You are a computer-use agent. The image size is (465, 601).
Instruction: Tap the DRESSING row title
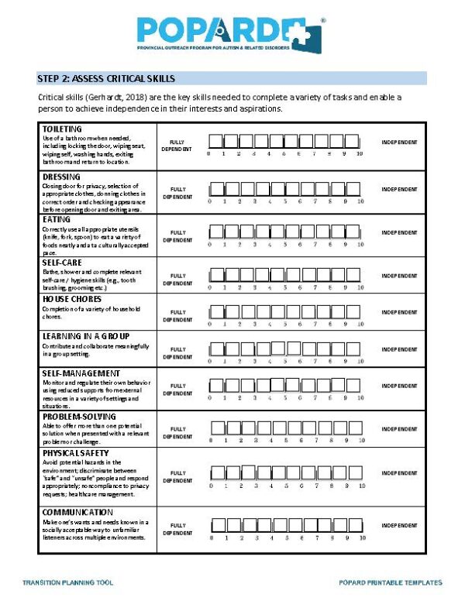pyautogui.click(x=62, y=177)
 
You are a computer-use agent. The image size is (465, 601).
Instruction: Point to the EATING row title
pyautogui.click(x=57, y=220)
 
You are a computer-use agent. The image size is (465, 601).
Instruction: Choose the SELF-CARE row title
pyautogui.click(x=61, y=263)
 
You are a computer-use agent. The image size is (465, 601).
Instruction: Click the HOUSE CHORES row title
pyautogui.click(x=72, y=298)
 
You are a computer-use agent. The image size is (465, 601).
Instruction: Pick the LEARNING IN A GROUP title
pyautogui.click(x=85, y=336)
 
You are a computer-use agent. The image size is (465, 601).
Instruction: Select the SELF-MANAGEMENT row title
pyautogui.click(x=80, y=373)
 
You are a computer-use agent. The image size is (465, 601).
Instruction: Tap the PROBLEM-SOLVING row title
pyautogui.click(x=79, y=416)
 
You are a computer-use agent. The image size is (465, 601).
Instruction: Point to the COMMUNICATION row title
pyautogui.click(x=77, y=512)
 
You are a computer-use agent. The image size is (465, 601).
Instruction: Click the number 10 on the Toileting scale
pyautogui.click(x=360, y=154)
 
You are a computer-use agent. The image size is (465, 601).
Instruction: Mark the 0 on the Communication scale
pyautogui.click(x=210, y=537)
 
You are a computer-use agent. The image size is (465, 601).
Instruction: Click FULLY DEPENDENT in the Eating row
pyautogui.click(x=177, y=236)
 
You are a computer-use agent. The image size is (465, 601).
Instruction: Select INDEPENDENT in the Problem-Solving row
pyautogui.click(x=399, y=429)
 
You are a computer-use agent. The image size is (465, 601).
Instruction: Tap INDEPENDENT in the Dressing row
pyautogui.click(x=399, y=190)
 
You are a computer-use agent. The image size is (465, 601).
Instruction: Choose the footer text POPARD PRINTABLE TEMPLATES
pyautogui.click(x=391, y=582)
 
